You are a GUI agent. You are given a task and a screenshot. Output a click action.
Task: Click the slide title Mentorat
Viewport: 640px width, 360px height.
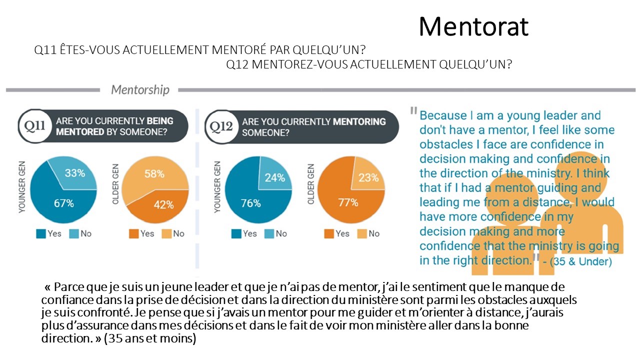pos(473,26)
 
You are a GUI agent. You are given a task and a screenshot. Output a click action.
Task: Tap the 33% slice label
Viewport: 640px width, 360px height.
pos(75,173)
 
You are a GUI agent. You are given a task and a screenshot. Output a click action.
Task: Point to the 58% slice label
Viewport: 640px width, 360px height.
pos(154,174)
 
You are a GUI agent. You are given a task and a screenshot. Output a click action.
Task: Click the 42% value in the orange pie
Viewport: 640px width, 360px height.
pos(163,204)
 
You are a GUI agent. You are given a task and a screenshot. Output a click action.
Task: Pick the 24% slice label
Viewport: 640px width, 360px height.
pos(274,177)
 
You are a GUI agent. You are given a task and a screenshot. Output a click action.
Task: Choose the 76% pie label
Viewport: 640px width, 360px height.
pos(250,203)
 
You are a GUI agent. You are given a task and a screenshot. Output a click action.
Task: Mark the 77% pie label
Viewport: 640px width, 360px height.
pos(348,202)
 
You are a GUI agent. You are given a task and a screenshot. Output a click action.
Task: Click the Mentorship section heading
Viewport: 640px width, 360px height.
pos(140,90)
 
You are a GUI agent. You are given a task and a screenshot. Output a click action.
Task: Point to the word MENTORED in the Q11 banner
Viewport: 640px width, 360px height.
pos(80,132)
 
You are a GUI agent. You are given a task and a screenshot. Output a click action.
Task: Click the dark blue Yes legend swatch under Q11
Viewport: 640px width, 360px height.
pos(41,233)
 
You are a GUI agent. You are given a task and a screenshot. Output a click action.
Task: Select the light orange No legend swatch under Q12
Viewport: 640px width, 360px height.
pos(359,233)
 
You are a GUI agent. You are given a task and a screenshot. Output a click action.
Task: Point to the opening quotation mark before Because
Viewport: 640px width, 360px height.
pos(413,110)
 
